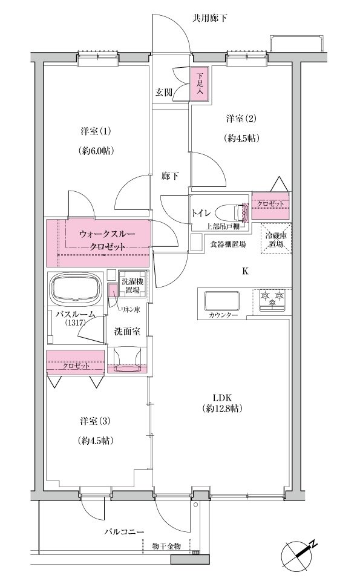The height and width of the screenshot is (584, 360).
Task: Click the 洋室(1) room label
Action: click(96, 131)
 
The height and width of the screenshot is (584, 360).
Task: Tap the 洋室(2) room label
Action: click(241, 119)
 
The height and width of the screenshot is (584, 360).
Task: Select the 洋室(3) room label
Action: click(96, 421)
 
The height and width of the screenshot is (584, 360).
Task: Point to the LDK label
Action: click(223, 398)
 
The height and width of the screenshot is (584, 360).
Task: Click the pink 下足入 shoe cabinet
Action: click(200, 84)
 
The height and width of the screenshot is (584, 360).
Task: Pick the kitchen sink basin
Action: click(222, 300)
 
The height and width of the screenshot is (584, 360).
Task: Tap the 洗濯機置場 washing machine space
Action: click(132, 285)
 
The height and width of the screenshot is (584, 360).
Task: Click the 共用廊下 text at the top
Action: click(209, 18)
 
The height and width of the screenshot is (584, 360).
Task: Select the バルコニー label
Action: click(124, 531)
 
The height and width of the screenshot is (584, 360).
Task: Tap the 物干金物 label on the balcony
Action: click(167, 546)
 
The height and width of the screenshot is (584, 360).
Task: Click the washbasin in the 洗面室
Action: click(128, 359)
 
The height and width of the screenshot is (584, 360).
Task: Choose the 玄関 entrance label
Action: click(164, 92)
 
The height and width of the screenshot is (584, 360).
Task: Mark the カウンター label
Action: click(223, 315)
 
